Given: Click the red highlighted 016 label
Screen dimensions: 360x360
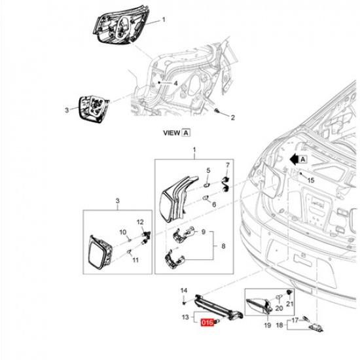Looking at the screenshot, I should point(207,322).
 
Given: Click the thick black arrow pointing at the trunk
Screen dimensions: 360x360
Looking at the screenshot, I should point(298,158).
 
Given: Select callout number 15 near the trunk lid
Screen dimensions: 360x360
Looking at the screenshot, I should point(310,179).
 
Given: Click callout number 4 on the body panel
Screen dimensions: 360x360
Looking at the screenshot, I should point(175,83).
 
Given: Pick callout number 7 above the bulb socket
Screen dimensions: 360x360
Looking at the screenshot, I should point(227,164).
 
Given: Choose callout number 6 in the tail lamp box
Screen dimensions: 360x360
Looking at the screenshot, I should point(213,204).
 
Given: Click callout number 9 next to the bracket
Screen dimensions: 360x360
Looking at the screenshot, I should point(203,232).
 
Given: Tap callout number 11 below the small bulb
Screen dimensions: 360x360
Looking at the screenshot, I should point(135,261).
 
